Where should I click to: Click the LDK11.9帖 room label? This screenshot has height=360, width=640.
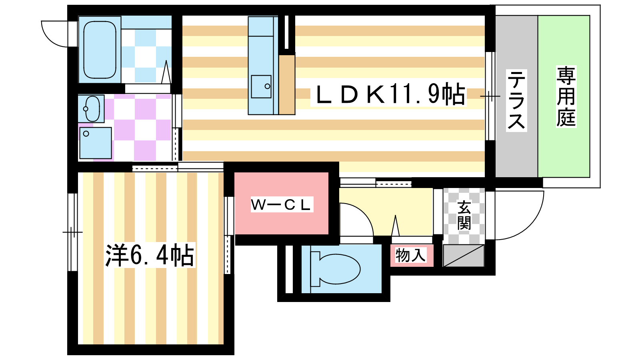(x=390, y=95)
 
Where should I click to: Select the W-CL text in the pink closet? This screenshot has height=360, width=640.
(x=281, y=205)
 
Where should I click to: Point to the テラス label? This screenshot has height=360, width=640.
(x=516, y=100)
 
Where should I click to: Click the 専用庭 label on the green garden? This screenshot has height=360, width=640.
(x=566, y=97)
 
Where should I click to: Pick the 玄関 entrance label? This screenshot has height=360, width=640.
(x=464, y=216)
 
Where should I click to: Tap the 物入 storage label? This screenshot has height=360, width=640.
(x=411, y=255)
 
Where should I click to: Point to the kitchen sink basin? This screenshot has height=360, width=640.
(x=261, y=86)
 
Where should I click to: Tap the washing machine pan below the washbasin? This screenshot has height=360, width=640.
(x=95, y=143)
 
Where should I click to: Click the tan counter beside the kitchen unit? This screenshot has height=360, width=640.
(x=287, y=84)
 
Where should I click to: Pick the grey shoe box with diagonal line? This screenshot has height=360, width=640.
(x=464, y=256)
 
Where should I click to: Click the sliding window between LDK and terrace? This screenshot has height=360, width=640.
(x=490, y=96)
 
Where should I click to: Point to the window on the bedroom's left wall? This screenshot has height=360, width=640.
(x=72, y=232)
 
